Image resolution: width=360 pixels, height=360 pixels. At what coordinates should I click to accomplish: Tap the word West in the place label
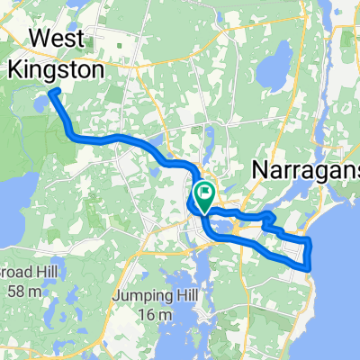click(x=58, y=39)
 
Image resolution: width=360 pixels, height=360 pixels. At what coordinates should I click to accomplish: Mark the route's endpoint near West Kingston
click(x=52, y=92)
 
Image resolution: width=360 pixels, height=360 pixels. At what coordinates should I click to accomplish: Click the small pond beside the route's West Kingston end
click(x=40, y=105)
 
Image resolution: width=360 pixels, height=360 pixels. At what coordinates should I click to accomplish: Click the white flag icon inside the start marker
click(x=205, y=190)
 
